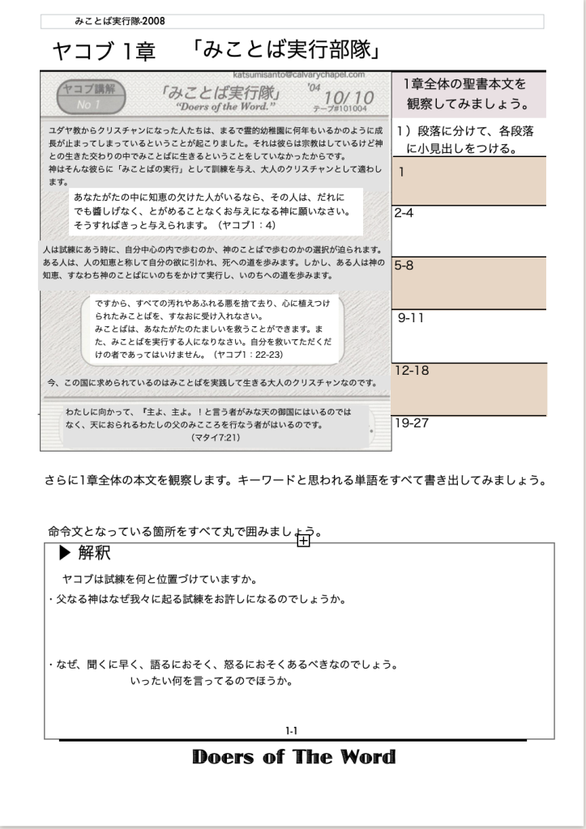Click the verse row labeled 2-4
coord(468,231)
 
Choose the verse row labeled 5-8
coord(468,283)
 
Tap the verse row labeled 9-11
coord(468,335)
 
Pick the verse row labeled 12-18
coord(468,389)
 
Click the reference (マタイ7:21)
coord(216,437)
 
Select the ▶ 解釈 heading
coord(85,555)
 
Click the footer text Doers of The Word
coord(293,758)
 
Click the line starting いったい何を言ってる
coord(211,682)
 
